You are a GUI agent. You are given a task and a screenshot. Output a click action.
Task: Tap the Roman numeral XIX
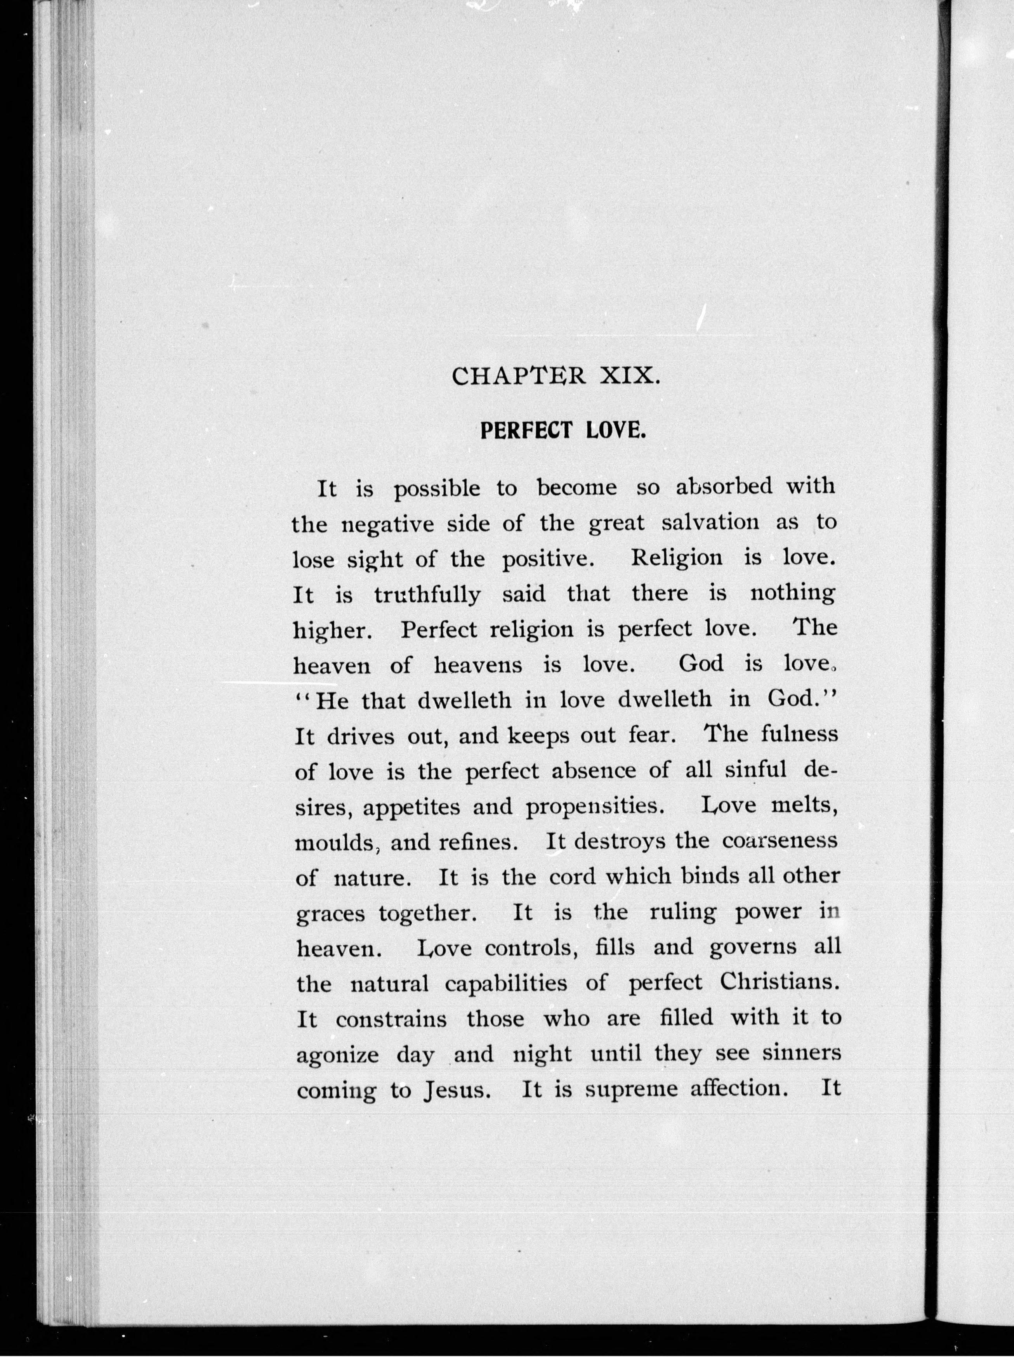tap(629, 375)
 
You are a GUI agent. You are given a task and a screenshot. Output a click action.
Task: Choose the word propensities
tap(596, 806)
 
